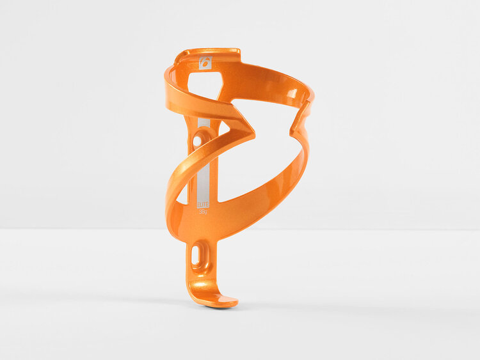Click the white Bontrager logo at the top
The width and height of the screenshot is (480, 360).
point(205,62)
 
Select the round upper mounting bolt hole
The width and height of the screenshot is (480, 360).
point(204,136)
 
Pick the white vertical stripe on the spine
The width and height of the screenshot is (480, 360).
point(204,173)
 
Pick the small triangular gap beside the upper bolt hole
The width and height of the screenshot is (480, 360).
point(221,130)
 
